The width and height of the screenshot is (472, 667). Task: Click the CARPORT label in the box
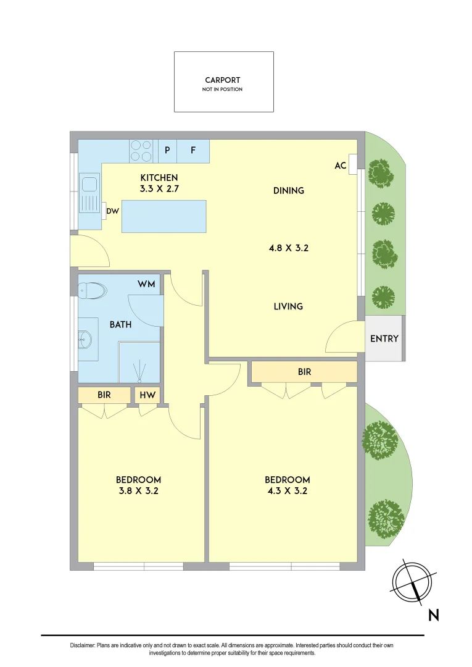point(223,80)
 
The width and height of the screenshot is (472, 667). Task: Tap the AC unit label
point(340,166)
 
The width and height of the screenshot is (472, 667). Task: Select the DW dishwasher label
point(112,211)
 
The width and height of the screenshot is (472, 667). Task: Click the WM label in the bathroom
point(147,283)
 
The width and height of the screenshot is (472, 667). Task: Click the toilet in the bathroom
point(93,290)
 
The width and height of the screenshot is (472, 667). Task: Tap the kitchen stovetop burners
point(141,151)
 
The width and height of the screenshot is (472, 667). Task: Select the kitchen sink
point(89,185)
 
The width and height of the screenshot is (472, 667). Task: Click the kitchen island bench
point(164,216)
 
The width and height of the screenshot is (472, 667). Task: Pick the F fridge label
point(193,150)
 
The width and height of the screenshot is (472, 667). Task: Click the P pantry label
point(167,150)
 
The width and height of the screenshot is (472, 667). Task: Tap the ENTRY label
point(384,338)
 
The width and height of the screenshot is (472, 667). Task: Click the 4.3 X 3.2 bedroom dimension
point(287,492)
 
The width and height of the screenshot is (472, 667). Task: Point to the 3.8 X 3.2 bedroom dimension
point(138,492)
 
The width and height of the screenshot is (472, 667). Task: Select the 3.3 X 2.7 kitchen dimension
point(158,189)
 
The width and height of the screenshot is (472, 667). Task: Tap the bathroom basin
point(85,338)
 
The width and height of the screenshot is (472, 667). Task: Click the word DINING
point(289,191)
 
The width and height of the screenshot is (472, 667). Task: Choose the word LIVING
point(288,306)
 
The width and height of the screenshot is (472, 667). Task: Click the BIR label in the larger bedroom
point(304,372)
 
